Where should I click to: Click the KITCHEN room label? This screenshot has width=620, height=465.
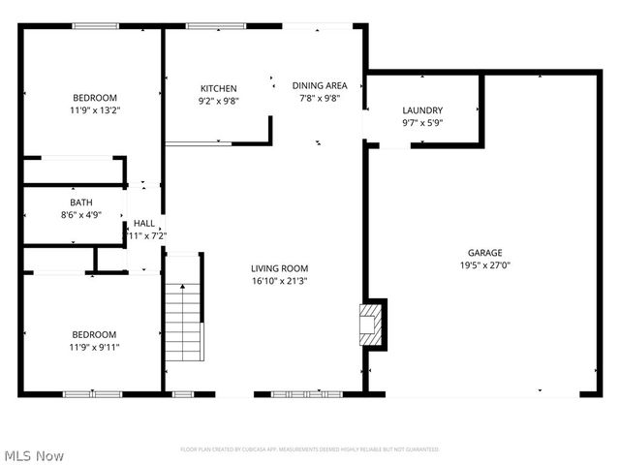tap(218, 88)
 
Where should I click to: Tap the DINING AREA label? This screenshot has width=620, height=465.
tap(320, 85)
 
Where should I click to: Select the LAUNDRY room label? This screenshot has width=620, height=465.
tap(422, 110)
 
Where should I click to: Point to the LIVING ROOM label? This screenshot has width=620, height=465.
tap(279, 268)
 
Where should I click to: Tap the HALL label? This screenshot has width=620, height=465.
tap(143, 223)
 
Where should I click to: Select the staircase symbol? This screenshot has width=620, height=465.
tap(183, 320)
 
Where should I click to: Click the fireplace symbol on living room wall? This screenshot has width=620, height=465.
tap(371, 323)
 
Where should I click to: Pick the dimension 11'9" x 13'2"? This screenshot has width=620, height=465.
tap(94, 110)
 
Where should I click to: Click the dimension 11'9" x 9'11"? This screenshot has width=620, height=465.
tap(94, 347)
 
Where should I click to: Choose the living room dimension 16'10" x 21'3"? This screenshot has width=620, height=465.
tap(279, 281)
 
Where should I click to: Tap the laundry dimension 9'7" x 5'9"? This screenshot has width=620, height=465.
tap(422, 123)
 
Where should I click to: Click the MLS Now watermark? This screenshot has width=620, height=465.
tap(34, 454)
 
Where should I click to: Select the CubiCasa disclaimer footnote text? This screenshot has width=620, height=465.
tap(310, 449)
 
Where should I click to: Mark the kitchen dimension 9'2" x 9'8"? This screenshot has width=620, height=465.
tap(218, 101)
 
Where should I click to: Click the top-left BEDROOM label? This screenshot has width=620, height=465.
tap(94, 98)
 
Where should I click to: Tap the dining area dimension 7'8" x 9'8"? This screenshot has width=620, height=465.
tap(320, 98)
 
